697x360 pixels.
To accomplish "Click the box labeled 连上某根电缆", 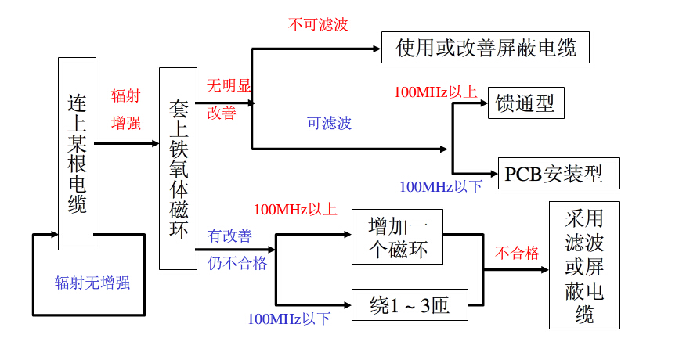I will pyautogui.click(x=77, y=153).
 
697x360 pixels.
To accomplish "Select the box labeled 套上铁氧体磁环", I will pyautogui.click(x=177, y=168).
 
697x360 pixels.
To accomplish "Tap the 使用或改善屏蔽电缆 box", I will pyautogui.click(x=485, y=48).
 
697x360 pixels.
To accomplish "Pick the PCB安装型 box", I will pyautogui.click(x=558, y=173).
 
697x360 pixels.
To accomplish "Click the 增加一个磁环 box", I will pyautogui.click(x=397, y=236).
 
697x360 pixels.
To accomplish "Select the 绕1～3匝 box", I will pyautogui.click(x=410, y=305).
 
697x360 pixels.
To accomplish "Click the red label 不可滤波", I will pyautogui.click(x=318, y=24).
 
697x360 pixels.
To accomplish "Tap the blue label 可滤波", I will pyautogui.click(x=329, y=123).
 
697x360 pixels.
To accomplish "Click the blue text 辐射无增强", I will pyautogui.click(x=92, y=283).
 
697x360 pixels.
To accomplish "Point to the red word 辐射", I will pyautogui.click(x=126, y=96).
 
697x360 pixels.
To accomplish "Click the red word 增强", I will pyautogui.click(x=126, y=123).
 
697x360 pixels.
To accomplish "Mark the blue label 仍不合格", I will pyautogui.click(x=237, y=263).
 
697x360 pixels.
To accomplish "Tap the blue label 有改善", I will pyautogui.click(x=229, y=236).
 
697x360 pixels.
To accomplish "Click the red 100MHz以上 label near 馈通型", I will pyautogui.click(x=435, y=92).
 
